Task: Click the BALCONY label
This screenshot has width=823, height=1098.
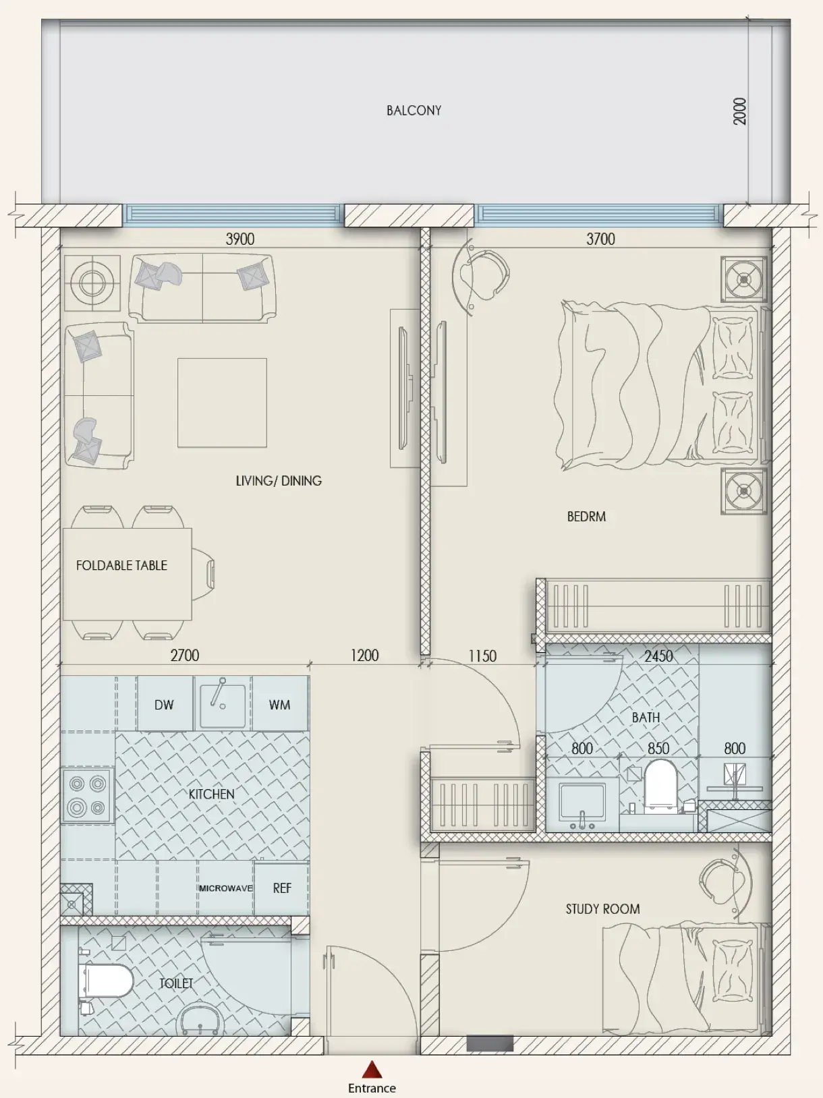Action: tap(414, 111)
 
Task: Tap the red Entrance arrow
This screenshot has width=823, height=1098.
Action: tap(372, 1070)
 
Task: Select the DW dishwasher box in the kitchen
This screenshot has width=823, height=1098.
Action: tap(165, 704)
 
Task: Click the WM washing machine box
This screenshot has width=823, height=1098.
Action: tap(280, 704)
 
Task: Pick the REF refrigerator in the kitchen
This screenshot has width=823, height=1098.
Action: tap(282, 888)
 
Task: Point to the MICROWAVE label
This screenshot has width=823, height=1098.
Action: tap(225, 888)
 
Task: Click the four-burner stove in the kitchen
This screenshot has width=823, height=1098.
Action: tap(88, 795)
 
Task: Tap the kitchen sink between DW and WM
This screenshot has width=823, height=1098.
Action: tap(223, 704)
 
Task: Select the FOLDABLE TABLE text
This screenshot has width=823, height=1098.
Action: tap(121, 565)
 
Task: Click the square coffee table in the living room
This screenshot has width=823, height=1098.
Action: tap(222, 403)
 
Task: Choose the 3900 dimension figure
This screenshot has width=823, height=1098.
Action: tap(240, 239)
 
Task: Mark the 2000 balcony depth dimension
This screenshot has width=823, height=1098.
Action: tap(739, 111)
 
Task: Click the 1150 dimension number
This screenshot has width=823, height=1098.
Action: tap(482, 656)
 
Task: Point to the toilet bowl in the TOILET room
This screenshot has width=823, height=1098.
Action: tap(106, 981)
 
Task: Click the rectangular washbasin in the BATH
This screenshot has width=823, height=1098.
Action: tap(582, 803)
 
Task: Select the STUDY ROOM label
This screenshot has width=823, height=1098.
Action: tap(602, 909)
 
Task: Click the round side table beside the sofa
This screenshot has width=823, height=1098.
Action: tap(92, 284)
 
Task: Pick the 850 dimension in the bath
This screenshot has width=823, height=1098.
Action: tap(658, 749)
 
